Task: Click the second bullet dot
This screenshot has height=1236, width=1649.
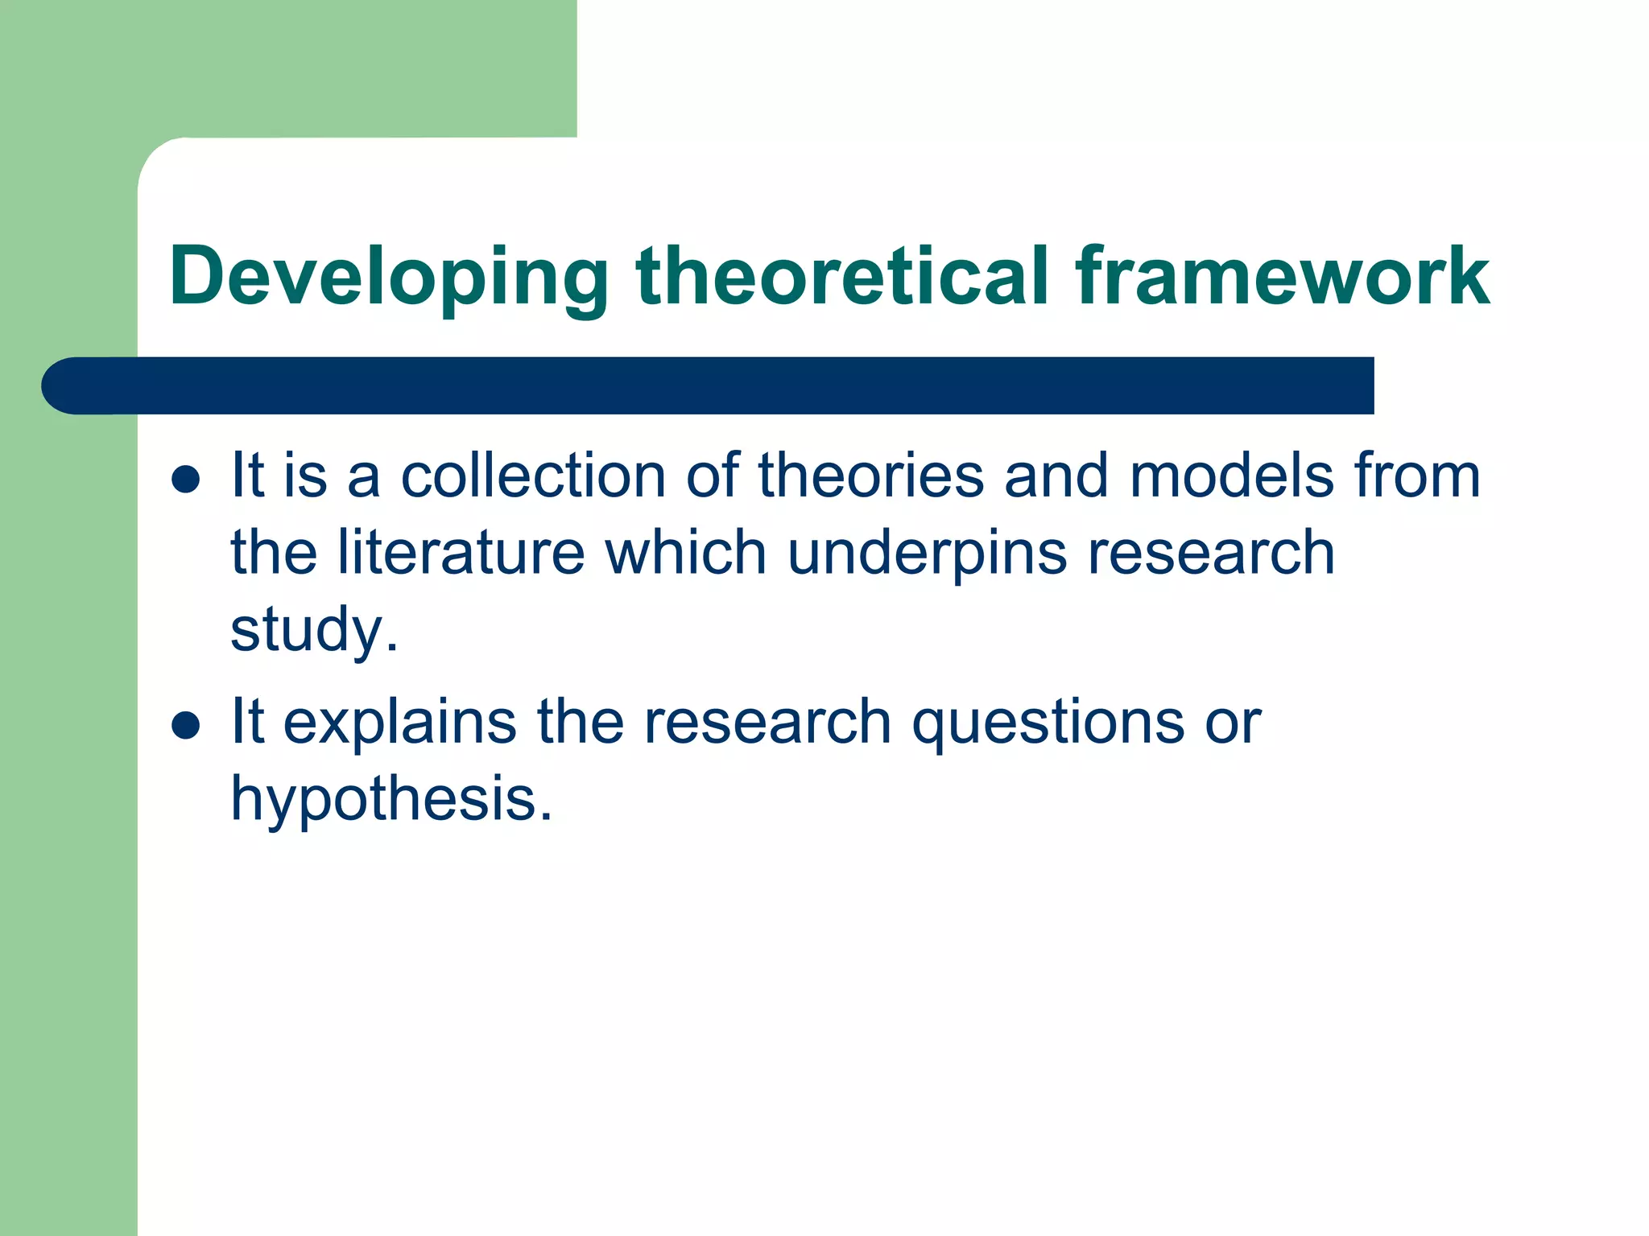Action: [x=186, y=725]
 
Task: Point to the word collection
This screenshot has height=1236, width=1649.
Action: [x=533, y=476]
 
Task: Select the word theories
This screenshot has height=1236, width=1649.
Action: [x=870, y=476]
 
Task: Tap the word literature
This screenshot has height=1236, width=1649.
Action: [x=461, y=553]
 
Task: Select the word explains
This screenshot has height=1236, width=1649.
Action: [x=400, y=723]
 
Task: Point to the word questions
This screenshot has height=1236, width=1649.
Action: [x=1047, y=723]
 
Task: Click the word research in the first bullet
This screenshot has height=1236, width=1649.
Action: [x=1211, y=553]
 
